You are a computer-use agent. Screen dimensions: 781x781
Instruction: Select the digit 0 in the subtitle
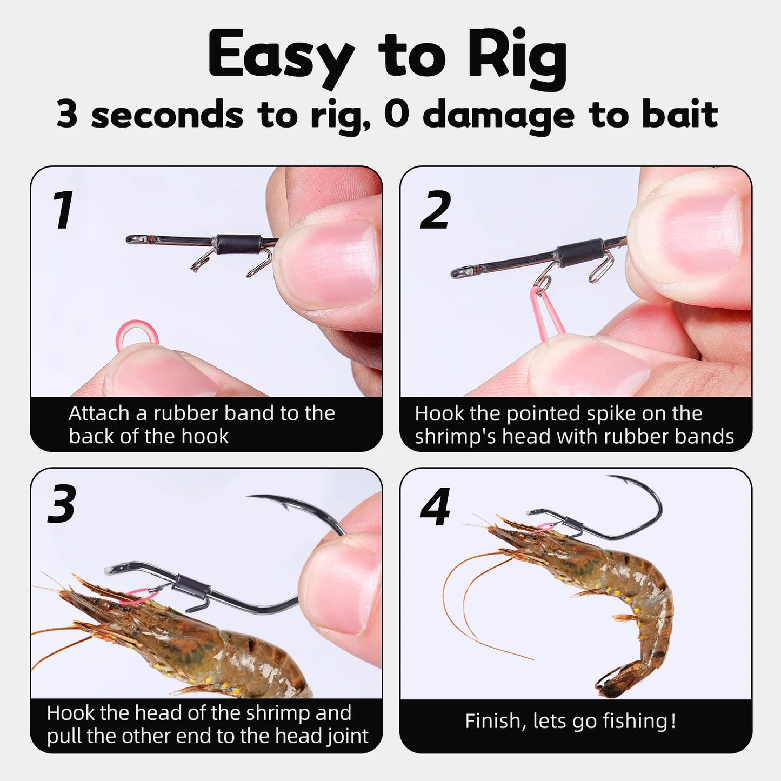(x=396, y=114)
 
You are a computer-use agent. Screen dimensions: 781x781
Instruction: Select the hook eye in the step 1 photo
(x=133, y=238)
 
